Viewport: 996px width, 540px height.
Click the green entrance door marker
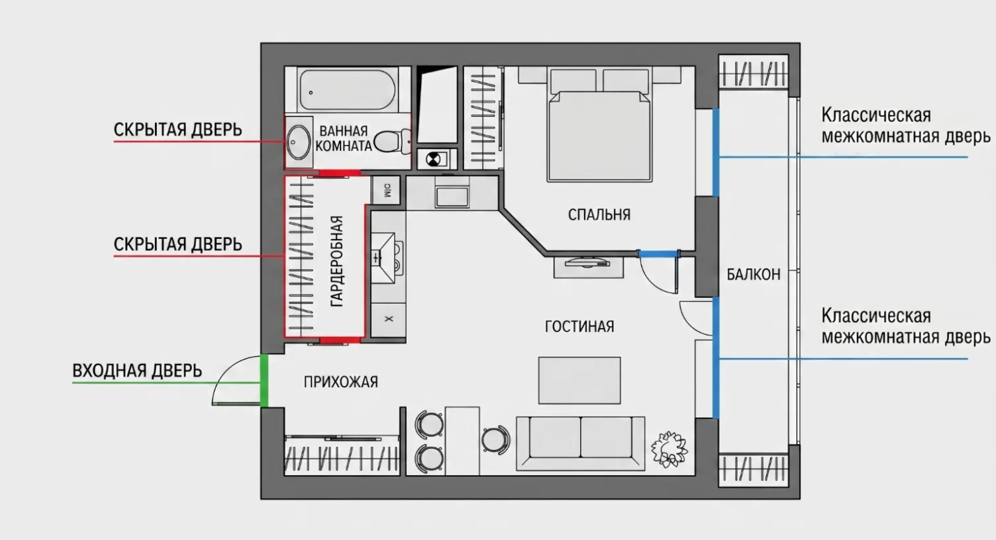[264, 380]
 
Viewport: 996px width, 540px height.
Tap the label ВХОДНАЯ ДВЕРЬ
[137, 371]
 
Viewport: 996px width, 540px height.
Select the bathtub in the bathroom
[347, 89]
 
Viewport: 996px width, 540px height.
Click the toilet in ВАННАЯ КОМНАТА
[393, 141]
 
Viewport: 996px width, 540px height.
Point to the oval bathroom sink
[298, 142]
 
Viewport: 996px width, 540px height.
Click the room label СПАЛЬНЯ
[599, 214]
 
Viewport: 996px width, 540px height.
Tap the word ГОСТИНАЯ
[579, 327]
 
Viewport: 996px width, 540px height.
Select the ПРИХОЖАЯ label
[340, 382]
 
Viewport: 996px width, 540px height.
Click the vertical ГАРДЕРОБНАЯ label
[337, 261]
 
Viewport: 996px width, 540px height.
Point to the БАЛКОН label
[754, 275]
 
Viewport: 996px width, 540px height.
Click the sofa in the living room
[580, 443]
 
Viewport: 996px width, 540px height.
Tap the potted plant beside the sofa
[669, 449]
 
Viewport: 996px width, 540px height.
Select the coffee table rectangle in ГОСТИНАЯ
[579, 381]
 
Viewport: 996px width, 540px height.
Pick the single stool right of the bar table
[495, 439]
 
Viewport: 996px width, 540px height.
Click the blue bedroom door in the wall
[658, 253]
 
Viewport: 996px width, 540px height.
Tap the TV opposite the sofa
[587, 263]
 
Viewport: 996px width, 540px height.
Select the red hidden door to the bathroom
[339, 173]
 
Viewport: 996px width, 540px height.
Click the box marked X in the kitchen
[388, 320]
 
